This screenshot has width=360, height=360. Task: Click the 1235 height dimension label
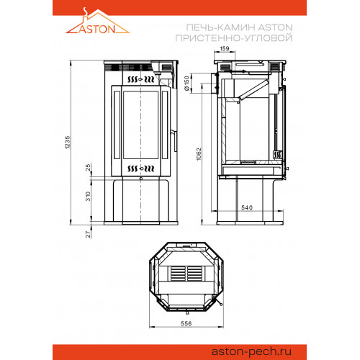click(68, 143)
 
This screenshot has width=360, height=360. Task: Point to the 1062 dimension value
click(199, 154)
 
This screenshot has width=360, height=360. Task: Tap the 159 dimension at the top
click(225, 49)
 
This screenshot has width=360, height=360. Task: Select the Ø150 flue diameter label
click(187, 84)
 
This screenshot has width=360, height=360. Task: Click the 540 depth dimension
click(247, 207)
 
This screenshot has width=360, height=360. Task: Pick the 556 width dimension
click(186, 323)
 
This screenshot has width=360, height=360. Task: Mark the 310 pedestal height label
click(89, 197)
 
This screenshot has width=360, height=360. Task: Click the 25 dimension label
click(89, 167)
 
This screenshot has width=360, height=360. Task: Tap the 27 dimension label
click(89, 234)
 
